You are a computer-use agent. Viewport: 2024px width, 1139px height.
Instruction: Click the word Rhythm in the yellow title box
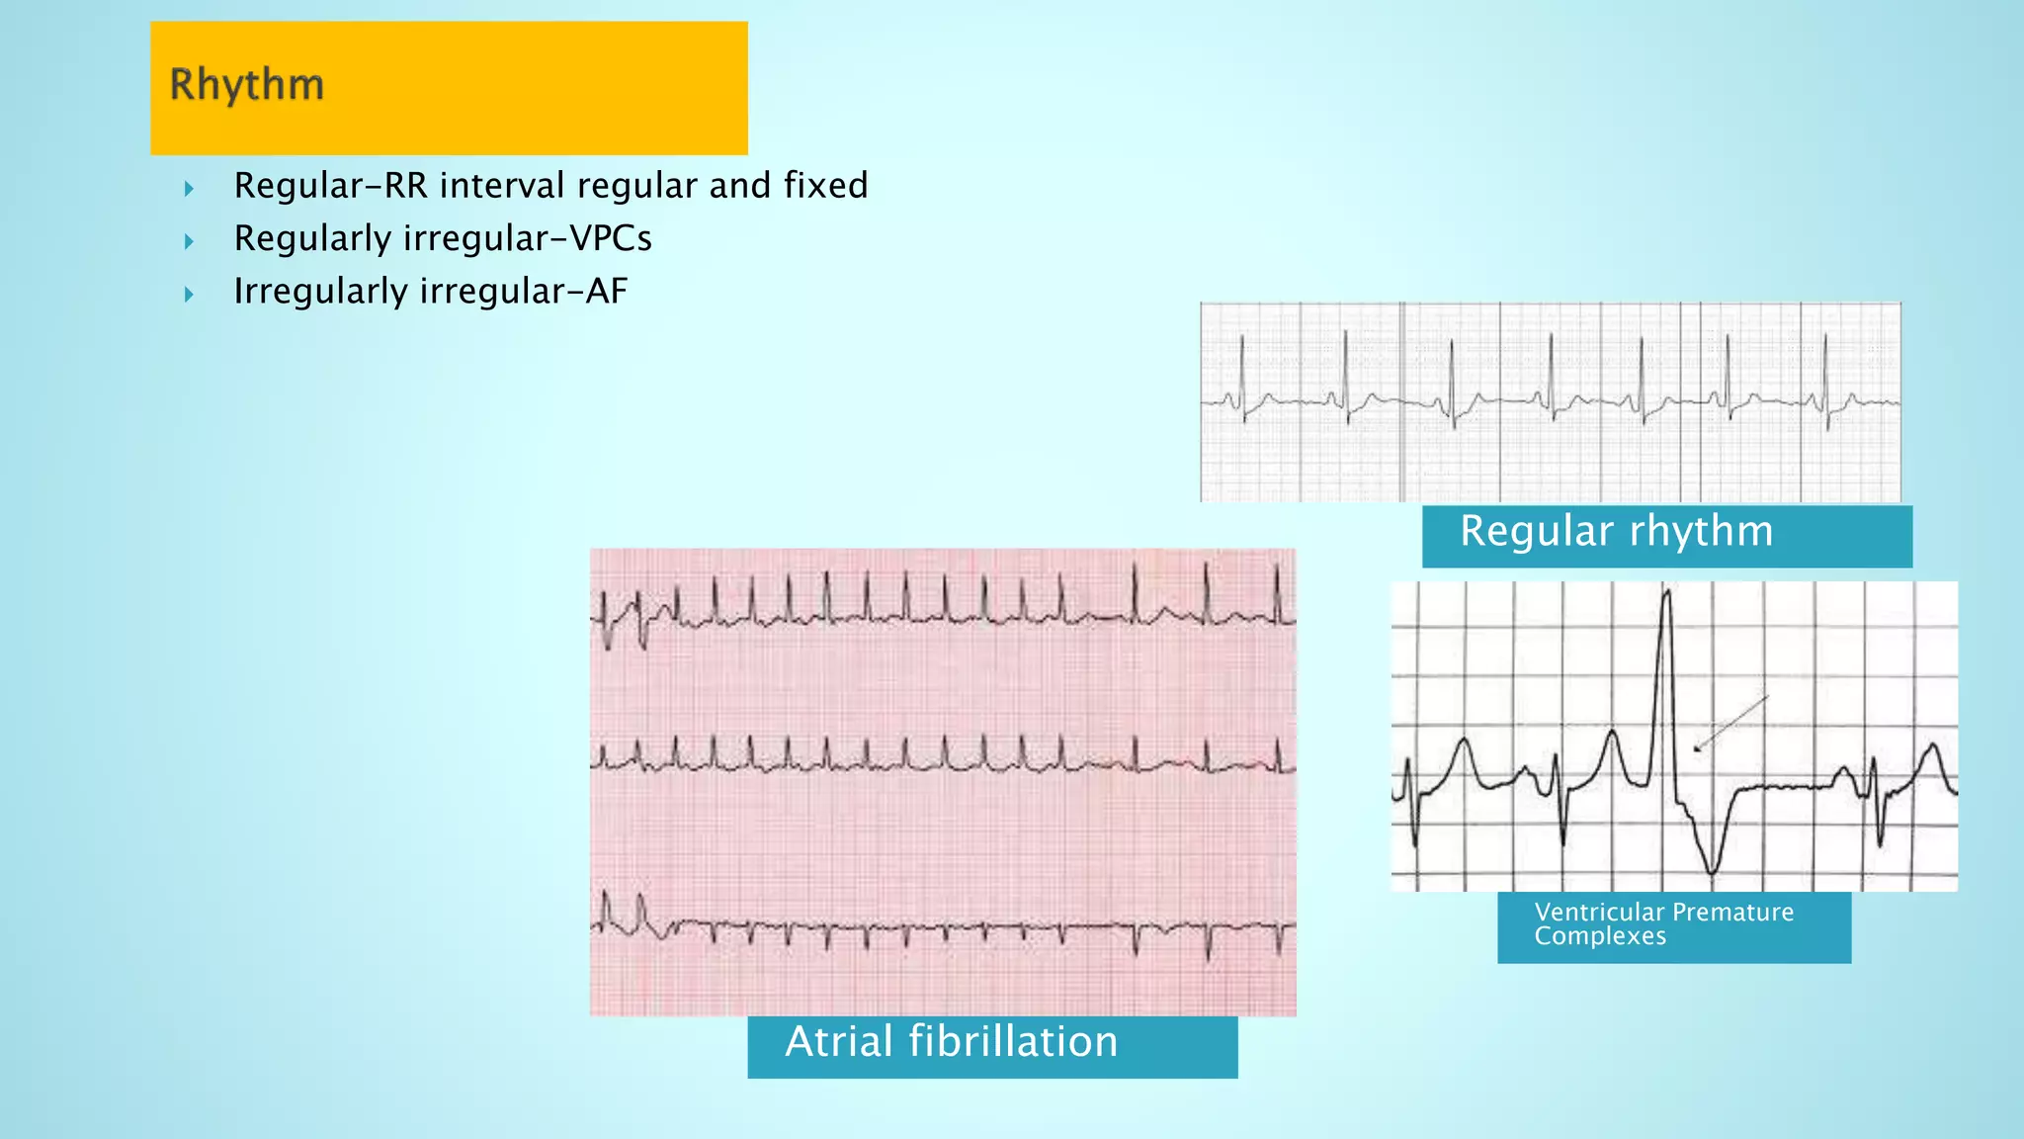[x=246, y=85]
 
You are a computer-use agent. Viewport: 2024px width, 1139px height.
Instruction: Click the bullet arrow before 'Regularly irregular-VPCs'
[x=189, y=240]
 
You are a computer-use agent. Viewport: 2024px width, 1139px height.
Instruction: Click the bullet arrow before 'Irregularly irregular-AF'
[x=189, y=294]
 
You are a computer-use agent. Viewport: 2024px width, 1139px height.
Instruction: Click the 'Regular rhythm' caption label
[x=1666, y=535]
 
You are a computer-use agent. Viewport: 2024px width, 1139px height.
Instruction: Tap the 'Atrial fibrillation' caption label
[x=991, y=1044]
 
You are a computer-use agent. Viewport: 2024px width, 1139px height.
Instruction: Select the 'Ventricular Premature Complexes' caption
[x=1673, y=925]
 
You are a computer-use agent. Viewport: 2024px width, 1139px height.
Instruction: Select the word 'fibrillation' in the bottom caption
[x=1013, y=1042]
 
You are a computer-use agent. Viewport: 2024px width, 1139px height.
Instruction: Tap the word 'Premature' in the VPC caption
[x=1731, y=912]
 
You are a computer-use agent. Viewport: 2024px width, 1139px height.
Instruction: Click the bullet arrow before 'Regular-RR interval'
[x=189, y=188]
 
